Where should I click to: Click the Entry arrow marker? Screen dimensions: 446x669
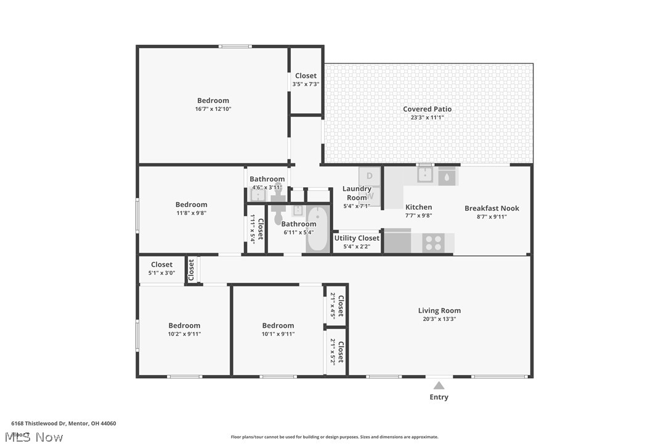439,386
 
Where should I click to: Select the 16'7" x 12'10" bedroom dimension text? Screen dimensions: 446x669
213,109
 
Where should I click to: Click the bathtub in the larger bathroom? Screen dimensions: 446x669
317,229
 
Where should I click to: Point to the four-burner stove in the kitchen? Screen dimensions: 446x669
433,242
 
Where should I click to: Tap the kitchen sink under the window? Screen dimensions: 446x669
424,176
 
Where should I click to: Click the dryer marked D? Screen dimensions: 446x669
370,176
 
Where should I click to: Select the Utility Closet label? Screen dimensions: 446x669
357,238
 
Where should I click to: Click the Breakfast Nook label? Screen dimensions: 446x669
492,208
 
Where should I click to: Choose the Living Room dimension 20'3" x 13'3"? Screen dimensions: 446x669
439,319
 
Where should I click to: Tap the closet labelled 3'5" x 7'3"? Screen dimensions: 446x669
306,80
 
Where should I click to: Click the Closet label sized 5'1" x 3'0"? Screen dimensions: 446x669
161,265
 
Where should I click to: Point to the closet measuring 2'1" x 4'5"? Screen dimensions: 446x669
336,304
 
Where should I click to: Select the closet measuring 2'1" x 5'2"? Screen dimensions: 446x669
336,351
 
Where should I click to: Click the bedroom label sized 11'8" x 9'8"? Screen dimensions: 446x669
191,205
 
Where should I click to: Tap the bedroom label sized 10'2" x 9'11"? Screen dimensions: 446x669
184,326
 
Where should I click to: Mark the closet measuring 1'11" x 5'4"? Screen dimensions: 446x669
256,229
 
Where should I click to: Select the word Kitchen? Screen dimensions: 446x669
418,207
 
